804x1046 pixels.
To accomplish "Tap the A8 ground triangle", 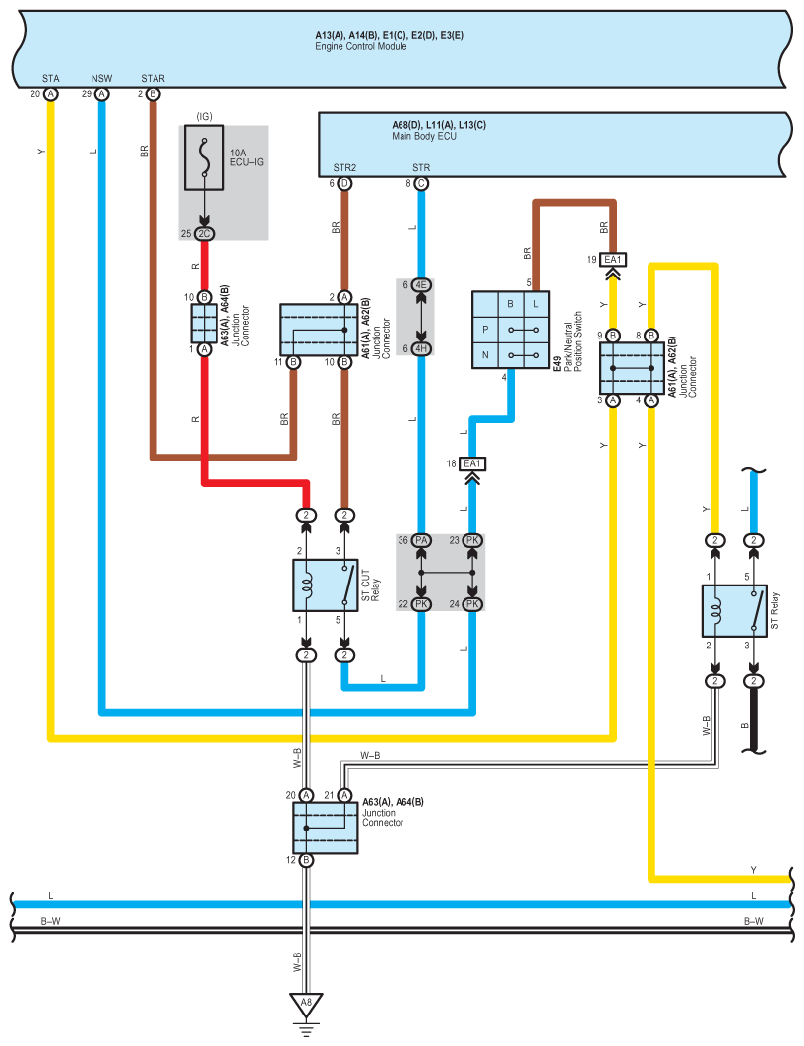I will pos(306,1006).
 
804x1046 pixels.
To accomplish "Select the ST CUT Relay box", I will pos(326,585).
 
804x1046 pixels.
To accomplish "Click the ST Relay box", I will pos(734,611).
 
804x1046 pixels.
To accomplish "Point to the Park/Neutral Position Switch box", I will pos(510,330).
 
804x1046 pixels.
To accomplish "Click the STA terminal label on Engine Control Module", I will pos(50,78).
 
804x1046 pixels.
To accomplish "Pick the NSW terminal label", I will pos(101,78).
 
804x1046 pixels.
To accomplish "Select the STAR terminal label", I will pos(154,78).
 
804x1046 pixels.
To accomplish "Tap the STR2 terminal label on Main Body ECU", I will pos(344,167).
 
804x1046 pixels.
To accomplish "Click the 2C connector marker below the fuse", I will pos(204,233).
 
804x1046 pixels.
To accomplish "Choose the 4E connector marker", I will pos(421,285).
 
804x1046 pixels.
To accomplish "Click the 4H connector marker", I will pos(421,348).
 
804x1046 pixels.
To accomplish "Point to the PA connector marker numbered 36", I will pos(421,540).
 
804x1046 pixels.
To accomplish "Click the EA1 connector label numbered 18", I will pos(472,463).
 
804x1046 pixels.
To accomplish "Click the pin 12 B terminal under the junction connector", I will pos(306,860).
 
